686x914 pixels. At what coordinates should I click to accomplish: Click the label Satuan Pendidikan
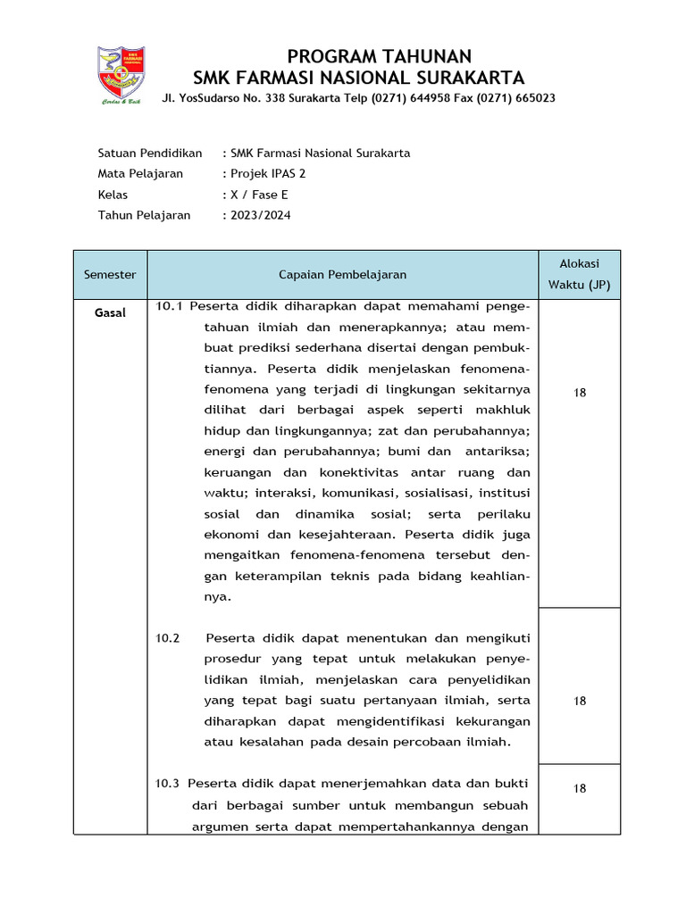[150, 154]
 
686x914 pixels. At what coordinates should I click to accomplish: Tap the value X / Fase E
[259, 195]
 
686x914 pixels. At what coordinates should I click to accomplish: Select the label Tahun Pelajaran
[144, 215]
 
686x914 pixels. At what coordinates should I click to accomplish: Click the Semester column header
[110, 275]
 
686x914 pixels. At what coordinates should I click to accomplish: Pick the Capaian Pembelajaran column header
[342, 275]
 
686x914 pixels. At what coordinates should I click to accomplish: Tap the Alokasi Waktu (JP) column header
[579, 274]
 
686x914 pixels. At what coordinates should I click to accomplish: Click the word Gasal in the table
[111, 313]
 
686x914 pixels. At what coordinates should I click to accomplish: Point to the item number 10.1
[169, 306]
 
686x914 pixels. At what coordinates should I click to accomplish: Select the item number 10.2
[168, 638]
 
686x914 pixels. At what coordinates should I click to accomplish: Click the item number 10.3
[168, 784]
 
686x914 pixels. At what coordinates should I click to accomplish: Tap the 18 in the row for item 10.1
[580, 393]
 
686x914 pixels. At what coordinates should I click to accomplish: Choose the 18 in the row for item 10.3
[580, 788]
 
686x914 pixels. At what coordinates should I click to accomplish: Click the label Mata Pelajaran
[140, 174]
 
